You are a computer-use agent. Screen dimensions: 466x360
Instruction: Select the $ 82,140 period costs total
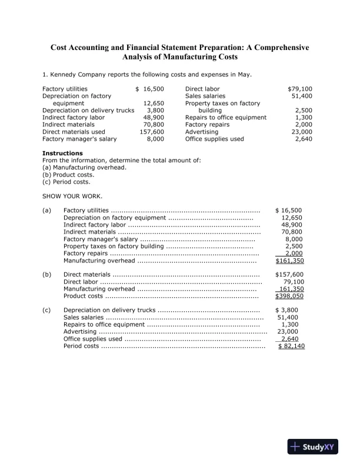coord(292,346)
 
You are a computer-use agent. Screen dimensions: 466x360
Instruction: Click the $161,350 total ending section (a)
coord(289,260)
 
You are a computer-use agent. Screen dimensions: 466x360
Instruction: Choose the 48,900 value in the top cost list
coord(154,118)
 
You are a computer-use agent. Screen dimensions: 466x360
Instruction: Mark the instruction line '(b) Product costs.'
coord(68,175)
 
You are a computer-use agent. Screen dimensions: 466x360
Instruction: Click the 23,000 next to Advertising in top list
coord(302,132)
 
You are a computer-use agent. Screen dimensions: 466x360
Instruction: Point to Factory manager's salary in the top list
coord(79,139)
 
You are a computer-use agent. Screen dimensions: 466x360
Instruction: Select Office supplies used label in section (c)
coord(93,339)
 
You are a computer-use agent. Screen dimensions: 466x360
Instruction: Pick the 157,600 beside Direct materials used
coord(151,132)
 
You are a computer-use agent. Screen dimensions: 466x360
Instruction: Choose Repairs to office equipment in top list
coord(226,118)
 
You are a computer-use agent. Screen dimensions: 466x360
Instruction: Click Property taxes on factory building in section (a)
coord(114,246)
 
